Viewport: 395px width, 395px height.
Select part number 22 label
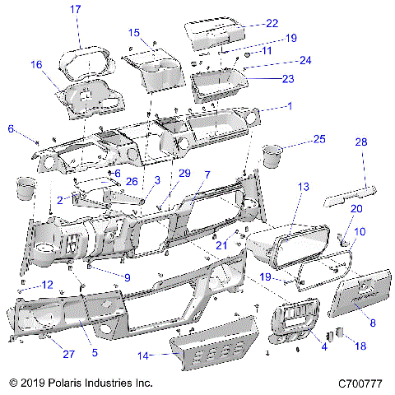272,23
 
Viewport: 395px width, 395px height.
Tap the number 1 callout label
289,106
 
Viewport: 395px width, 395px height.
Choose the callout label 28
360,142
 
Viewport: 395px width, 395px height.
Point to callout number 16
36,64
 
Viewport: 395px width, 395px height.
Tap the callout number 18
360,348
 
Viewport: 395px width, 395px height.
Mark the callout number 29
184,173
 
